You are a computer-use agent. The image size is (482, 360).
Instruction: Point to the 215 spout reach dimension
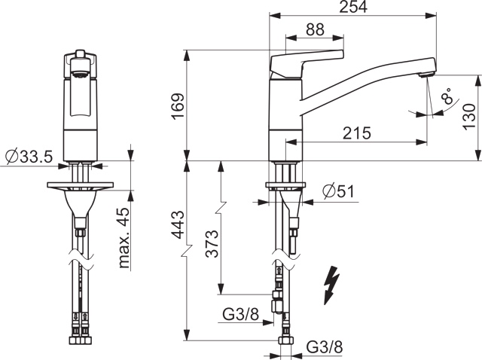point(356,133)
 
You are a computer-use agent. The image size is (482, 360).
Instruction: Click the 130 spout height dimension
point(469,116)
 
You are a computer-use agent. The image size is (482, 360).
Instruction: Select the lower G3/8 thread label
point(325,347)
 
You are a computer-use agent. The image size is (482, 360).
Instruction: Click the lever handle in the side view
point(305,59)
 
